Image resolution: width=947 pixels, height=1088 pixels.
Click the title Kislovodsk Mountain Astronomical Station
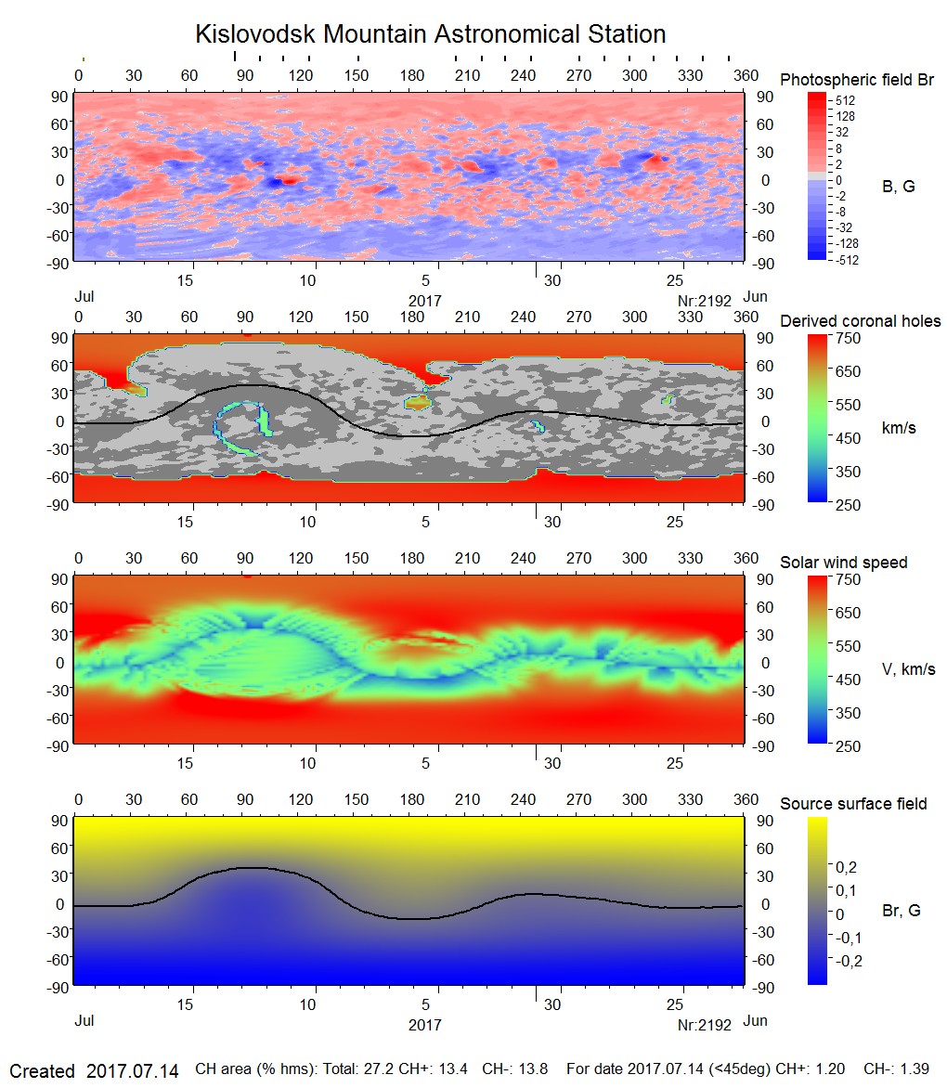(430, 34)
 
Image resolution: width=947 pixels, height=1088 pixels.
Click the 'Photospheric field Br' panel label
(856, 80)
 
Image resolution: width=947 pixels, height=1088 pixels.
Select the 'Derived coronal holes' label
(860, 321)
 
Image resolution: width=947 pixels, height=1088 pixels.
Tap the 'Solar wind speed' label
(843, 563)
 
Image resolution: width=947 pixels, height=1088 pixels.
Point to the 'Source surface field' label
(853, 803)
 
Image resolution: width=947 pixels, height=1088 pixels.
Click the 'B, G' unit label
(898, 187)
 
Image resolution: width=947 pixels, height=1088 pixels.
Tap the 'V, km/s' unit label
(908, 669)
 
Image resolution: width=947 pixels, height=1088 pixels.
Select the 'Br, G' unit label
(901, 911)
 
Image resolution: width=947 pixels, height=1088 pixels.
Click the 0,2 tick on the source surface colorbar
(847, 867)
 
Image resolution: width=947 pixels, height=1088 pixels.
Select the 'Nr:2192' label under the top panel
(705, 301)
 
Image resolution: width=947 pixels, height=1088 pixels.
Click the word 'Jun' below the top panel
(756, 296)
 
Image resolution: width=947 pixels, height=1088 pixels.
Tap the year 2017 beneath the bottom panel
(424, 1025)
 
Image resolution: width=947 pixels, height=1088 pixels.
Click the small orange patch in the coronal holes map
(418, 402)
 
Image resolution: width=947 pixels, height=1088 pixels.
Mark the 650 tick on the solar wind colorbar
(849, 613)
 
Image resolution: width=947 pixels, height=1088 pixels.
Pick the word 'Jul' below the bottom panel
(84, 1020)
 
